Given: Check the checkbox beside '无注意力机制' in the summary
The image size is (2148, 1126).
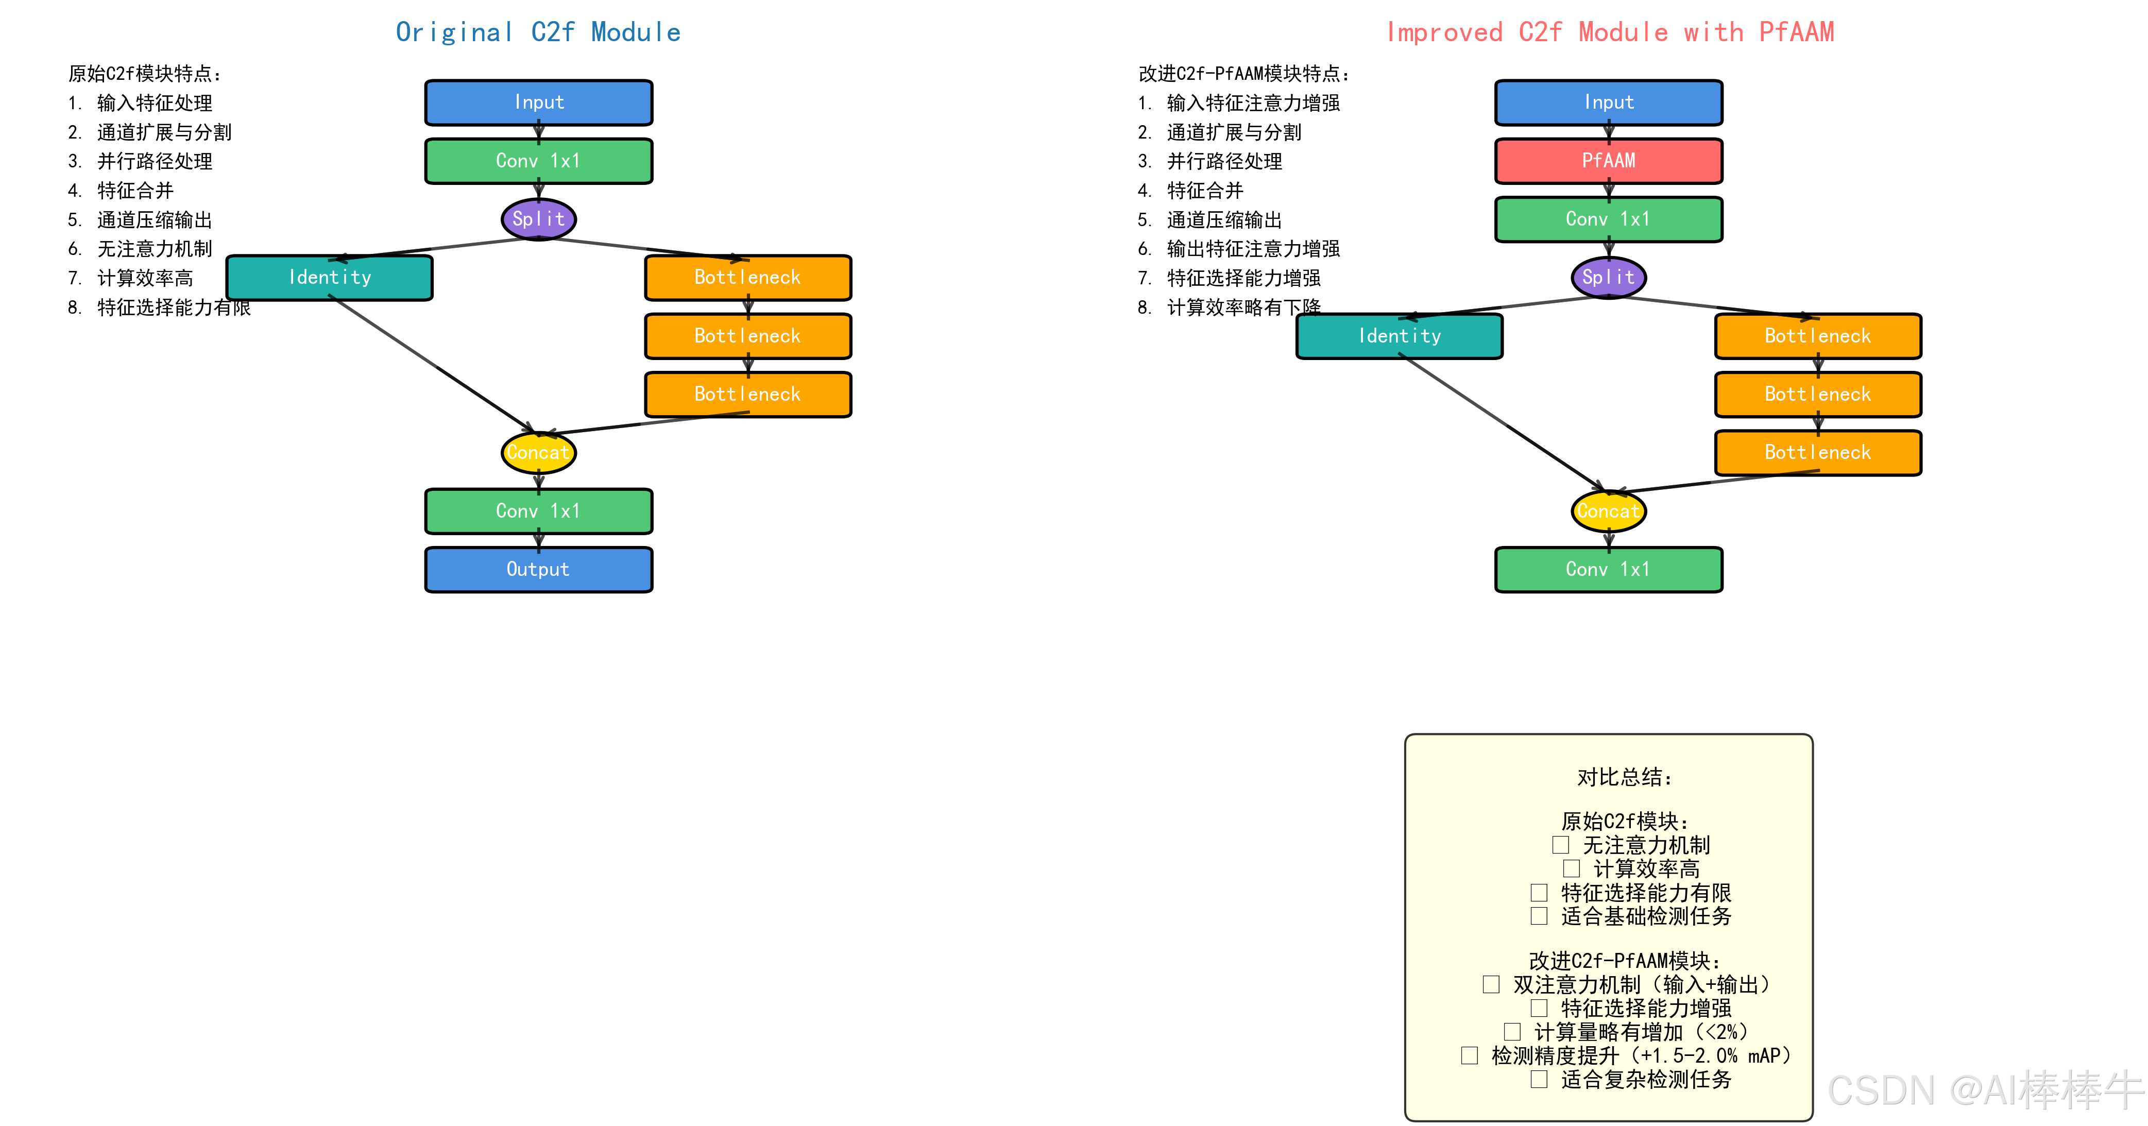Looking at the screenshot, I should tap(1560, 845).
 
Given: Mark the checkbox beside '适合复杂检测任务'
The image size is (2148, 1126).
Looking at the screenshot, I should tap(1539, 1079).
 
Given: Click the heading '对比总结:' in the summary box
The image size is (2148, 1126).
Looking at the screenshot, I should tap(1624, 777).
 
